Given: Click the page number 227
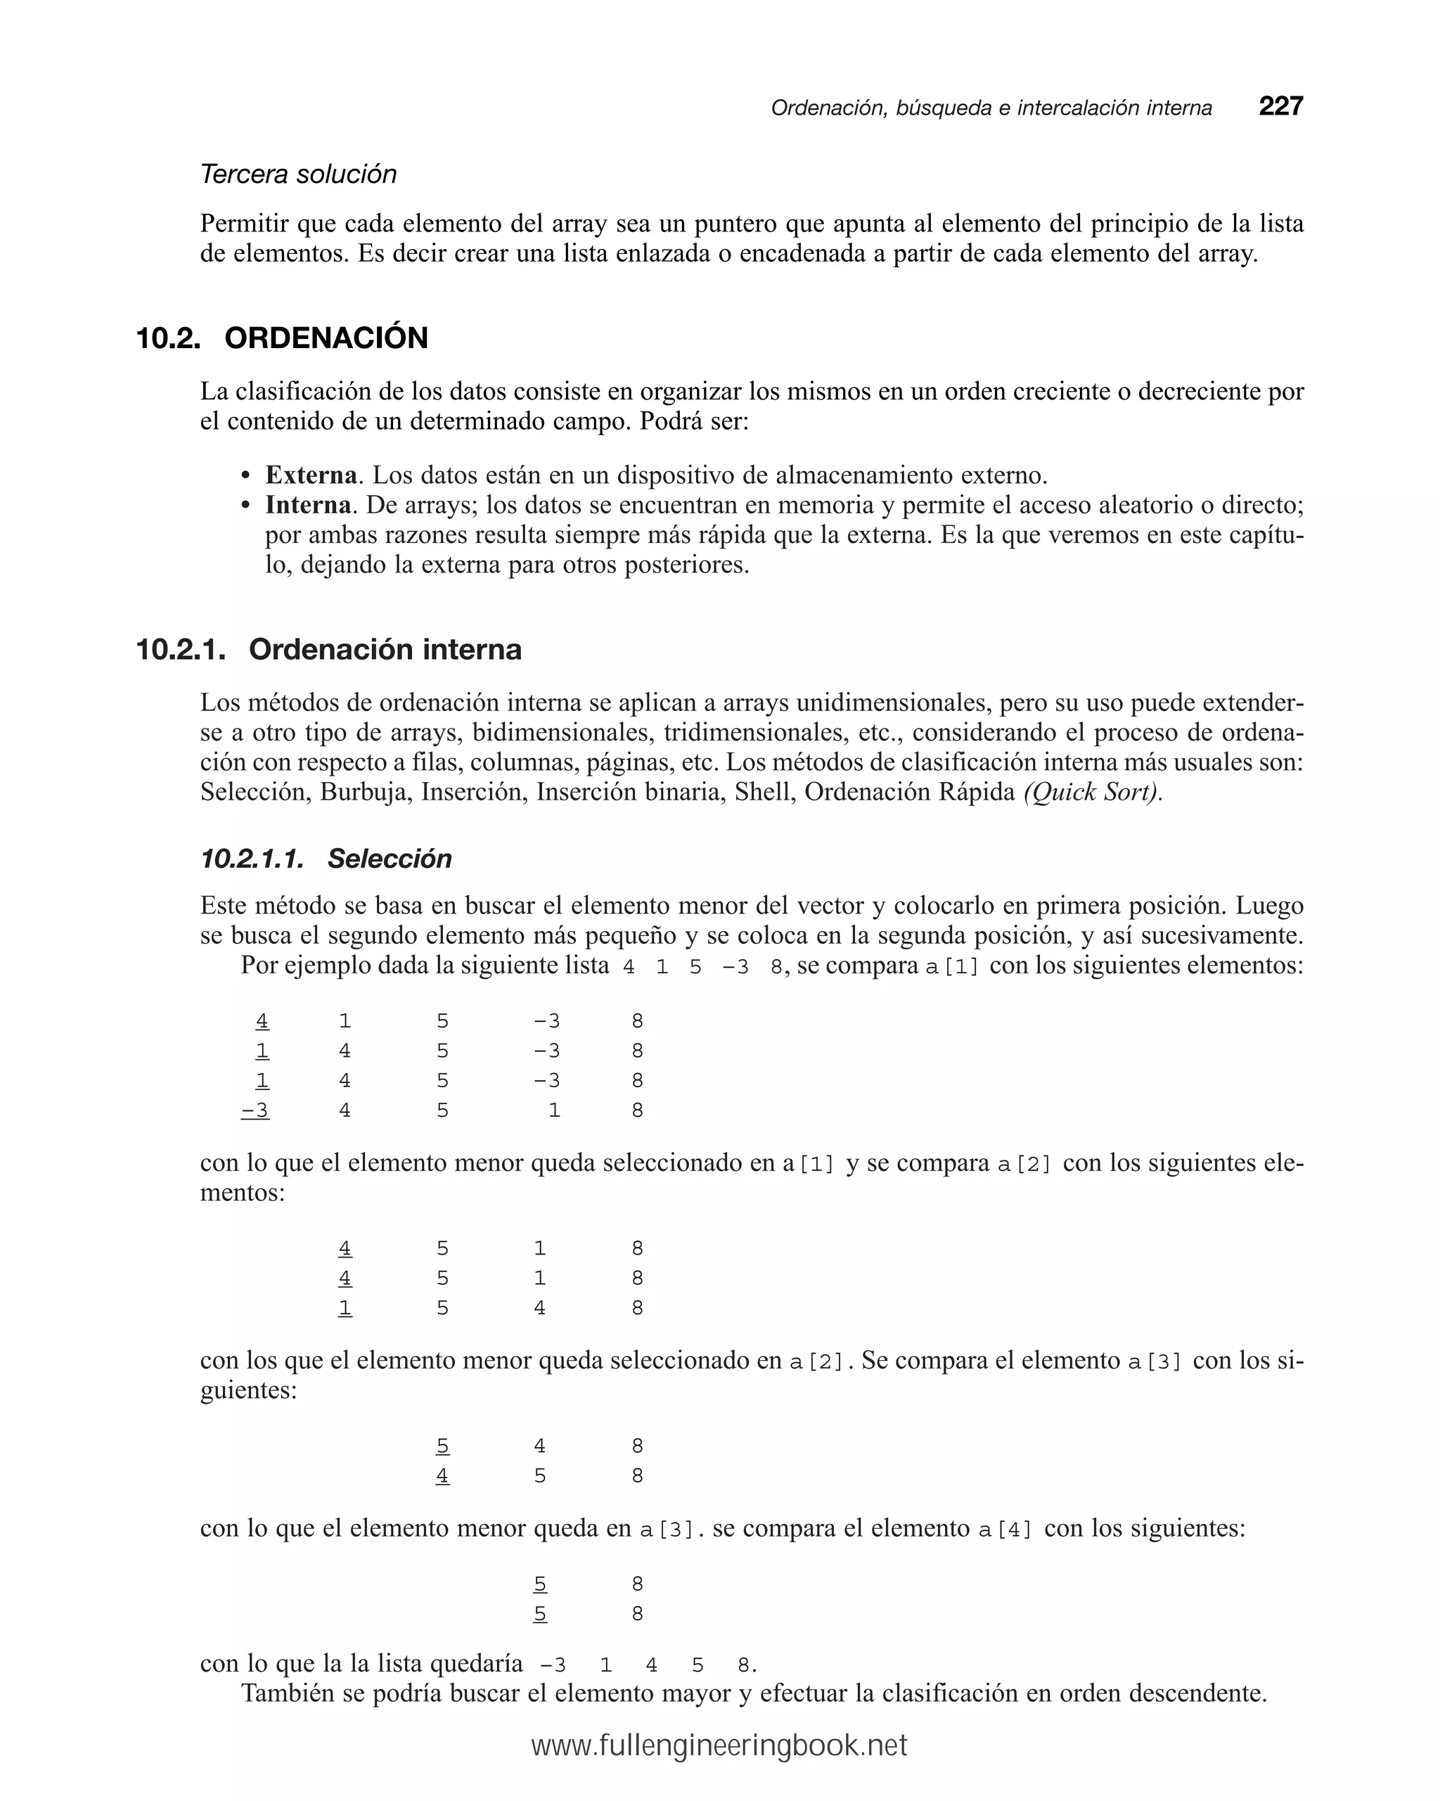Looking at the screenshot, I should [1280, 106].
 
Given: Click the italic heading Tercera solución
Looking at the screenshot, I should [298, 174].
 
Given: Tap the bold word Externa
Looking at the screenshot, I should [311, 475].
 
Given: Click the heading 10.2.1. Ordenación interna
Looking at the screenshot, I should [328, 649].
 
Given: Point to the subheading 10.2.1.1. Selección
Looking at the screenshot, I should [326, 858].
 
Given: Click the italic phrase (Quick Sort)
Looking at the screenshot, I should [1093, 791].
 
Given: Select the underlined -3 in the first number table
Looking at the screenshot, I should [256, 1110].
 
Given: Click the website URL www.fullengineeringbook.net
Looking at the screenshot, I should [719, 1745].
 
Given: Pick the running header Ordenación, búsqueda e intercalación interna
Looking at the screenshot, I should [991, 108].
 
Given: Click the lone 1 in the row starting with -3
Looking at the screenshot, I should [554, 1110].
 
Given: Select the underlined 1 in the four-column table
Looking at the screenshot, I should [345, 1307].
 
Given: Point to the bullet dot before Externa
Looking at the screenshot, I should [245, 476].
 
